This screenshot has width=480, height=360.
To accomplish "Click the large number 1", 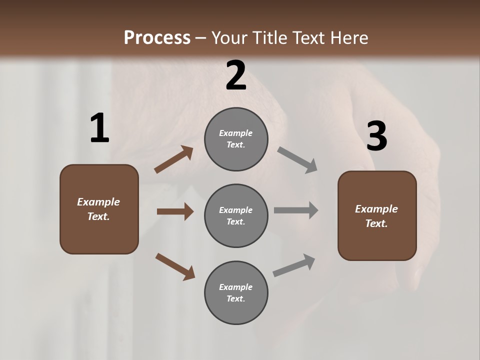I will coord(99,128).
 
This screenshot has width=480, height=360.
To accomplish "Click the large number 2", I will coord(236,76).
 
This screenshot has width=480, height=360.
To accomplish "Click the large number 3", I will coord(376,136).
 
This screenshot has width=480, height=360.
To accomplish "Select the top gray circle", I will coord(236,139).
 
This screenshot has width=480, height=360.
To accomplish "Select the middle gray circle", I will coord(236,216).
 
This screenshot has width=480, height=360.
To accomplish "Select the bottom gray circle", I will coord(236,293).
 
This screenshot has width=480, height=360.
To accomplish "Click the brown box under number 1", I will coord(99,209).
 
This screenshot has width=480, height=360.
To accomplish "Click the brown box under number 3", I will coord(377,216).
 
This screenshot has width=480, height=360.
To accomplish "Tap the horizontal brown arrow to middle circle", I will coord(175,211).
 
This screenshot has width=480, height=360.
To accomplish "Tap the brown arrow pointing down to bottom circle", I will coord(175,266).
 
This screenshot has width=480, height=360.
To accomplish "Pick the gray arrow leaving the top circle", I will coord(297,160).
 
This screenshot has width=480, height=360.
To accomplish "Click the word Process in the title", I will coord(157,37).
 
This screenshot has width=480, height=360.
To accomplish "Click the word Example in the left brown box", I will coord(98,202).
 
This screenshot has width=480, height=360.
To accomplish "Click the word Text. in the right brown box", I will coord(376,223).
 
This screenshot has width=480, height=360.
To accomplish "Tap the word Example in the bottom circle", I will coord(235,287).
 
